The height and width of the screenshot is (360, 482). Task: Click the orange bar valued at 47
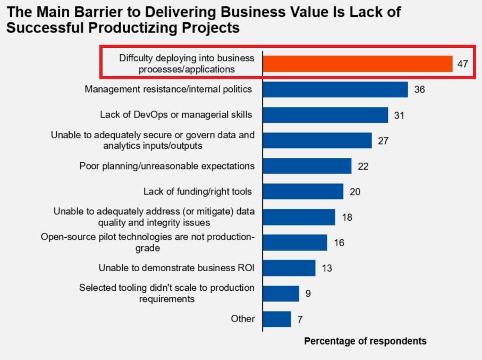[x=358, y=64]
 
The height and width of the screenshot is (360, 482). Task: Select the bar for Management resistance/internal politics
[x=335, y=89]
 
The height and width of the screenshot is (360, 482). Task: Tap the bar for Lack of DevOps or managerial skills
[x=325, y=115]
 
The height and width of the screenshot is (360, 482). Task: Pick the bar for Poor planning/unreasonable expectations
[x=307, y=166]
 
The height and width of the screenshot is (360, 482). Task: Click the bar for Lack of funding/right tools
[x=303, y=191]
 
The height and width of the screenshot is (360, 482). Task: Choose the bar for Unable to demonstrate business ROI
[x=289, y=267]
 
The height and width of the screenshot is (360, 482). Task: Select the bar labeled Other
[x=277, y=319]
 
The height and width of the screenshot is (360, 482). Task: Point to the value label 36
[x=419, y=89]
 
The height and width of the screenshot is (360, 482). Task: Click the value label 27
[x=383, y=140]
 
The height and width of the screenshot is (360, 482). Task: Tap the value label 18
[x=347, y=217]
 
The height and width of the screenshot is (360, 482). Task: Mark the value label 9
[x=308, y=293]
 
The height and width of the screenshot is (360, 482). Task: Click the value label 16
[x=339, y=242]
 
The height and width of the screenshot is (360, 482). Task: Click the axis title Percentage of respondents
[x=365, y=341]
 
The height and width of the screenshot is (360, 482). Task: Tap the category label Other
[x=242, y=319]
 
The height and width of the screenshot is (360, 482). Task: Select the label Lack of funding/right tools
[x=198, y=191]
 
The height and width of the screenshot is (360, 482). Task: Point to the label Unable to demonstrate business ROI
[x=176, y=268]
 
